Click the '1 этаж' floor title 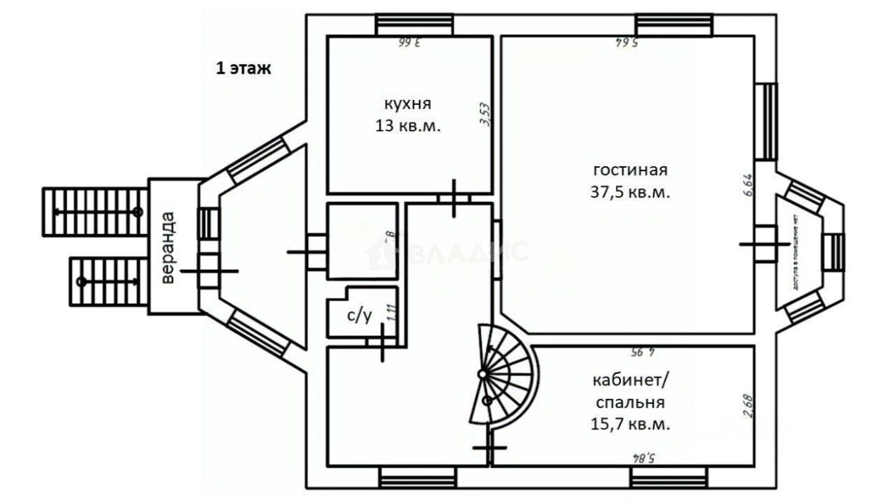244,69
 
